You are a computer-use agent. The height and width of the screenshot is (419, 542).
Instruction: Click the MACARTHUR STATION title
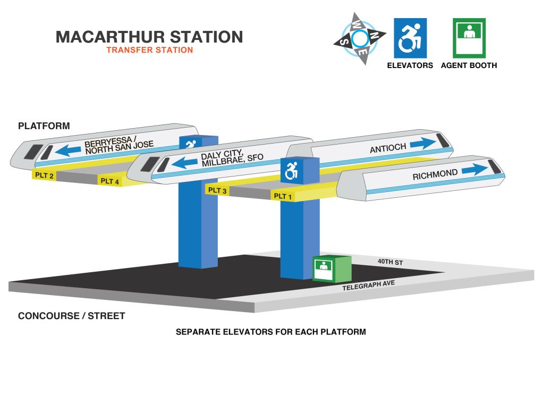(149, 37)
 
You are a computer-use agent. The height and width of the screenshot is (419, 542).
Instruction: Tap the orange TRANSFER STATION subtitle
(150, 50)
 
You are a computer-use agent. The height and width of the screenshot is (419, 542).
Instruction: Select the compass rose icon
(360, 39)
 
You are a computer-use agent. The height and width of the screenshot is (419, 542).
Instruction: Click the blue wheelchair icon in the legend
(410, 38)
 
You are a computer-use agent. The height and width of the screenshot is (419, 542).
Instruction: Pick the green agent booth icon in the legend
(469, 38)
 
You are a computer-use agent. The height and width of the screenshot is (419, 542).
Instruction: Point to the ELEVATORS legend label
(410, 65)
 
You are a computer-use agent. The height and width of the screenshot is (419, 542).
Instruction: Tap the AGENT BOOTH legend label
(469, 65)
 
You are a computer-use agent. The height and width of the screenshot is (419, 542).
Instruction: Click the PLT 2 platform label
(44, 175)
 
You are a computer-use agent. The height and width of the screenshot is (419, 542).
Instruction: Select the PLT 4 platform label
(109, 181)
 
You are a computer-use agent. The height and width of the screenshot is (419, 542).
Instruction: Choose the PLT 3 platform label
(217, 190)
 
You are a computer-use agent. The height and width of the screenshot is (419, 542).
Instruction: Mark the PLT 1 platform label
(283, 196)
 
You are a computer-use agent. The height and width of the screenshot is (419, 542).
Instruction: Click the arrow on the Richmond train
(475, 169)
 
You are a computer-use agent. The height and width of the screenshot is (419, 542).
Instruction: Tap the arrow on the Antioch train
(423, 143)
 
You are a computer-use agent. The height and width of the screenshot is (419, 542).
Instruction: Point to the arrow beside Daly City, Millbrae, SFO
(184, 162)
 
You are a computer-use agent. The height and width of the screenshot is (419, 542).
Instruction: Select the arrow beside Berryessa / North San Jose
(68, 150)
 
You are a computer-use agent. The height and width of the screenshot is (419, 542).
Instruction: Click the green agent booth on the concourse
(332, 269)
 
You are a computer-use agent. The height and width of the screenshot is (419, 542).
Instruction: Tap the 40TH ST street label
(390, 262)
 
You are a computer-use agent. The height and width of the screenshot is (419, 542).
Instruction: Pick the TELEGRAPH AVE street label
(368, 286)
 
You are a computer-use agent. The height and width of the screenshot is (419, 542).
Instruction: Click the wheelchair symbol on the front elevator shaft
(291, 171)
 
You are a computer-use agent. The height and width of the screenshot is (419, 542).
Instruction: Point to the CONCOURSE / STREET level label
(72, 316)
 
